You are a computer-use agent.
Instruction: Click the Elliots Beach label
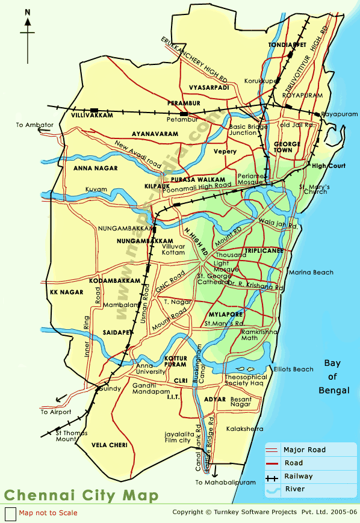click(x=294, y=369)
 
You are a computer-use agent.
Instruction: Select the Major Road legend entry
click(x=304, y=450)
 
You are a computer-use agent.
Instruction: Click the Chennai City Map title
click(x=82, y=495)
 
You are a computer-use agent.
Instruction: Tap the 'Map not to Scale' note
click(x=48, y=513)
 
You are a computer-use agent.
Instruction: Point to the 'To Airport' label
click(x=56, y=412)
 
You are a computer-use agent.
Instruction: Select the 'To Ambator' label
click(x=35, y=125)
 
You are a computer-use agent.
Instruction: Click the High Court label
click(x=329, y=166)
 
